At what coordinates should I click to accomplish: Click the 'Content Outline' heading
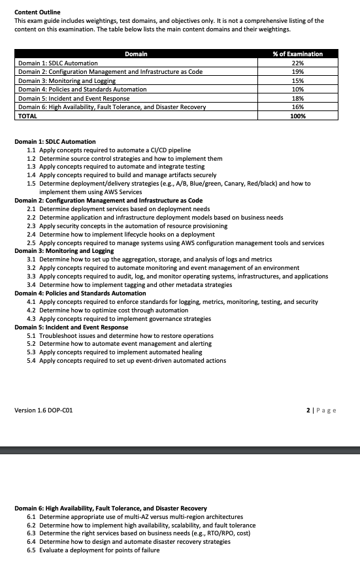coord(37,12)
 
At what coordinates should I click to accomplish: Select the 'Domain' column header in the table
coord(135,54)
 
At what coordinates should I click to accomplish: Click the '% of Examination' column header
coord(297,54)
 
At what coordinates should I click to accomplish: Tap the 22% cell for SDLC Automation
coord(297,63)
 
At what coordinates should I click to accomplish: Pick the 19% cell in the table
coord(297,71)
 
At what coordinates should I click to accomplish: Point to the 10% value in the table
coord(297,89)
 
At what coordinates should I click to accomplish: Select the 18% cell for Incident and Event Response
coord(297,98)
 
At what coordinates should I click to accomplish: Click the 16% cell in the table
coord(297,107)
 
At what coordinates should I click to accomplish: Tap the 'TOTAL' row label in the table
coord(28,116)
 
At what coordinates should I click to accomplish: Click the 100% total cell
coord(297,116)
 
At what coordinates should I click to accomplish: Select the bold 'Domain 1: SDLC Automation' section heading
coord(55,141)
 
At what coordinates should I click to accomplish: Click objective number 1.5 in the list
coord(31,184)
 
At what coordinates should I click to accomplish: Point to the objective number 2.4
coord(31,234)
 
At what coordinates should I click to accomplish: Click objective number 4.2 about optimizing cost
coord(31,310)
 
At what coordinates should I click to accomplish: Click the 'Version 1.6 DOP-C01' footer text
coord(44,410)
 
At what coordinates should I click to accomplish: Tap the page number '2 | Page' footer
coord(321,410)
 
